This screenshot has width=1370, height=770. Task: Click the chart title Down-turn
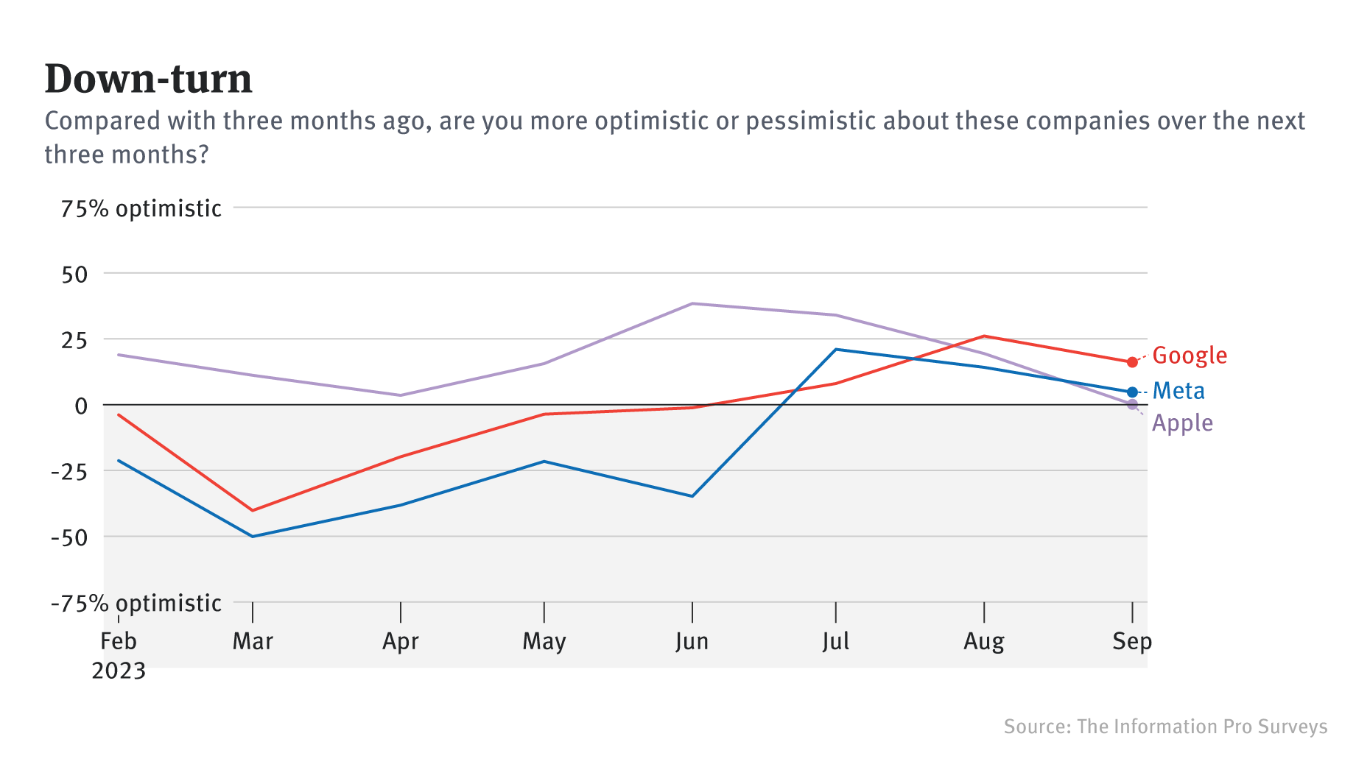[x=148, y=79]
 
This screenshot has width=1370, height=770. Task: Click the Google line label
[x=1190, y=356]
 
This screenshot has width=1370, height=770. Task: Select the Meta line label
[x=1178, y=391]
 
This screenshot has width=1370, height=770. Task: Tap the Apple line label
[x=1182, y=423]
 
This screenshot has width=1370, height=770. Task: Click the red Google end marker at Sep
[x=1132, y=362]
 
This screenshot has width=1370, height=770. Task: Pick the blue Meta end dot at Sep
[x=1132, y=392]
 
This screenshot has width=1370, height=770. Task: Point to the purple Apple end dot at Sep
[x=1132, y=405]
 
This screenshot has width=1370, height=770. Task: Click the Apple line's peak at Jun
[x=692, y=303]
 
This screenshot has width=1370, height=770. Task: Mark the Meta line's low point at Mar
[x=253, y=537]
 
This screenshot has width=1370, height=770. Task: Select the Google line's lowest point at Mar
[x=253, y=510]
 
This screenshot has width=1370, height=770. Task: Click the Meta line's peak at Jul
[x=835, y=350]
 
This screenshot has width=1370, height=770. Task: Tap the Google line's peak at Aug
[x=984, y=336]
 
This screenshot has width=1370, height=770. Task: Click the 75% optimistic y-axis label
[x=141, y=209]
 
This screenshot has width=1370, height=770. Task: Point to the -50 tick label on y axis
[x=68, y=537]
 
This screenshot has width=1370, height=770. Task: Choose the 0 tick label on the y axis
[x=81, y=406]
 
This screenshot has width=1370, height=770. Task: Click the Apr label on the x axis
[x=400, y=641]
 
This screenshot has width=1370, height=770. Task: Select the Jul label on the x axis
[x=835, y=641]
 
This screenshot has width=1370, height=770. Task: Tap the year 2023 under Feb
[x=119, y=671]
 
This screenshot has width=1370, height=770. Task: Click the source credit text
[x=1165, y=727]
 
